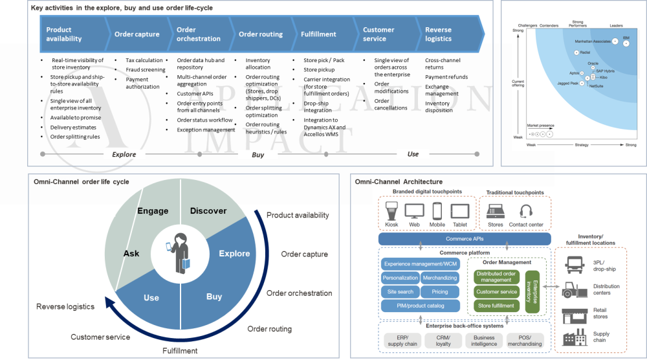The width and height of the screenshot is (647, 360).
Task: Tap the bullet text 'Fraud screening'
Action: (145, 70)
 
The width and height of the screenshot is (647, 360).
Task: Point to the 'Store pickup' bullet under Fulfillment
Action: (319, 70)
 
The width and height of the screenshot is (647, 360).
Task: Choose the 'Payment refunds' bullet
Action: (446, 77)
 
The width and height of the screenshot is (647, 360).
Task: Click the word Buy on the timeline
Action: (258, 154)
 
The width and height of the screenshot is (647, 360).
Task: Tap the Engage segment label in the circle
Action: (153, 211)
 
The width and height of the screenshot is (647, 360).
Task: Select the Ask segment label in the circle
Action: (131, 253)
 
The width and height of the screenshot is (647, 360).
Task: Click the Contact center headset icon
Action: (525, 211)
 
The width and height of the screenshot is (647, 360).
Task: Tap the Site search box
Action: (400, 292)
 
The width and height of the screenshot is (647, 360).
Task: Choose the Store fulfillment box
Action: (496, 305)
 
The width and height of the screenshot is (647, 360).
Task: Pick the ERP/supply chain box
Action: (402, 341)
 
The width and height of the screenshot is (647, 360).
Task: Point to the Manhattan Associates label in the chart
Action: (592, 41)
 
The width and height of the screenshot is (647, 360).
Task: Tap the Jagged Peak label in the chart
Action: (569, 83)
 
